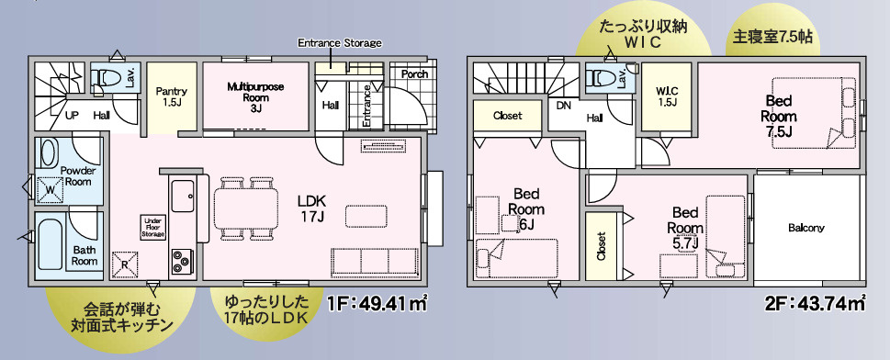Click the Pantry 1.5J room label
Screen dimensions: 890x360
(172, 96)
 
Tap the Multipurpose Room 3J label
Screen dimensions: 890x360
(255, 97)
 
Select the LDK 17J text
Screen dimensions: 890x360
(311, 208)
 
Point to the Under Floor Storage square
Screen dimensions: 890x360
(153, 227)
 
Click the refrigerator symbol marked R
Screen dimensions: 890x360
(125, 264)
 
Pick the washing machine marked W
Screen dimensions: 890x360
(50, 189)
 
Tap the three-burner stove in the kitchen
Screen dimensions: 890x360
(181, 262)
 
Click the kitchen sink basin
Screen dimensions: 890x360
(182, 197)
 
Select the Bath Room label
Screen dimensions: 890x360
(84, 255)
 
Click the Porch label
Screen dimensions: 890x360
(414, 74)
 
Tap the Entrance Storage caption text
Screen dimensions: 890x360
(340, 42)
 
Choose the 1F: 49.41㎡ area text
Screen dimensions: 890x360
(377, 304)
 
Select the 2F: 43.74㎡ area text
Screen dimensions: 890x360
(815, 304)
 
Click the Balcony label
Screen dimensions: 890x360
(806, 229)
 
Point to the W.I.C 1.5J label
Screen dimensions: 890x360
(667, 96)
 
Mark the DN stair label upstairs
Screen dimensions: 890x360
(564, 105)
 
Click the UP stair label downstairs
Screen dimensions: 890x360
(72, 116)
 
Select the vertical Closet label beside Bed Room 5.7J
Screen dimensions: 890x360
(601, 246)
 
